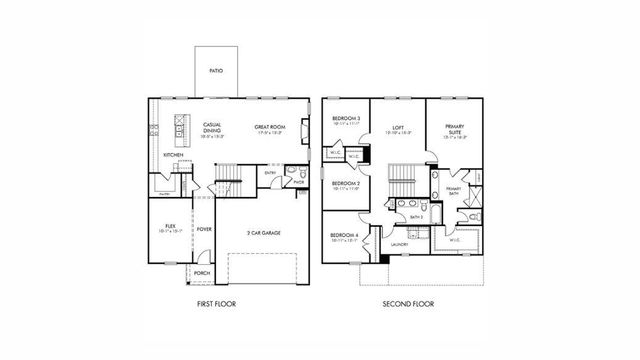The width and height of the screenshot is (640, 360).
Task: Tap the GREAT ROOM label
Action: (x=270, y=127)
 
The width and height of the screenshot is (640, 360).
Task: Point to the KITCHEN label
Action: (x=173, y=154)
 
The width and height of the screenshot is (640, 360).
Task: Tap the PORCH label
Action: (x=202, y=272)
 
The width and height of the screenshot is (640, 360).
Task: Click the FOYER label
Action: (x=203, y=229)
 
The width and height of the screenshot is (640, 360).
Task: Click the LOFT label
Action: (x=397, y=128)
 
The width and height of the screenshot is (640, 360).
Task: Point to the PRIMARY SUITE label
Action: (x=453, y=129)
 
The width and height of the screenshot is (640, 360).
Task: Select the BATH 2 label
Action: (x=415, y=215)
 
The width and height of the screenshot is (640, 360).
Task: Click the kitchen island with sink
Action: (x=182, y=126)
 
